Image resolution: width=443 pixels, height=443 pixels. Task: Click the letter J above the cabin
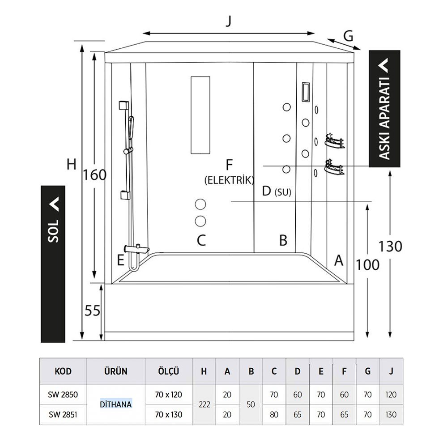(229, 21)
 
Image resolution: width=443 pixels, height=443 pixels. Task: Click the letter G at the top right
(349, 34)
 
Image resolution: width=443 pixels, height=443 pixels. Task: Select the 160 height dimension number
(94, 175)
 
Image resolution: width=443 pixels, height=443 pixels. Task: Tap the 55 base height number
(93, 311)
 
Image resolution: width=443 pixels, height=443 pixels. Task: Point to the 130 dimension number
(390, 246)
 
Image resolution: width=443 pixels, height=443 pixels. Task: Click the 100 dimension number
(368, 265)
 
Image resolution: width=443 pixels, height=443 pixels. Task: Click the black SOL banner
(53, 264)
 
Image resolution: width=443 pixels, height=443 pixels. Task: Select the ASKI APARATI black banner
(384, 109)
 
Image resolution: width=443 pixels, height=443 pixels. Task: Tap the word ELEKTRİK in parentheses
(229, 180)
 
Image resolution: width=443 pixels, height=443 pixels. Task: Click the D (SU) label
(276, 192)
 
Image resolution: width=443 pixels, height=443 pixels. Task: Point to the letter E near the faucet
(120, 260)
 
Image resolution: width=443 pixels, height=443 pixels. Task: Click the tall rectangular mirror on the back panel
(200, 115)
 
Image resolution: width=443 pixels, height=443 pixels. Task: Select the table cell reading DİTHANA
(115, 405)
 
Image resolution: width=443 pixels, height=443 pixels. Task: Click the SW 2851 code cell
(63, 414)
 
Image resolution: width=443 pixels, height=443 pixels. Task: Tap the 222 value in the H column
(204, 405)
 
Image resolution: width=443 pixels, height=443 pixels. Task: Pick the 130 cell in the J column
(391, 414)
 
